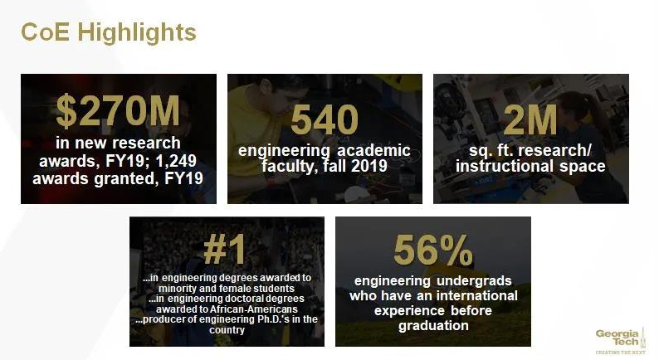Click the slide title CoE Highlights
click(x=108, y=32)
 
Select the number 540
click(x=324, y=121)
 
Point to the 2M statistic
click(x=530, y=121)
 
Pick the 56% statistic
click(x=432, y=250)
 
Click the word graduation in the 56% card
click(x=433, y=325)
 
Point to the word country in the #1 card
click(x=227, y=329)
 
